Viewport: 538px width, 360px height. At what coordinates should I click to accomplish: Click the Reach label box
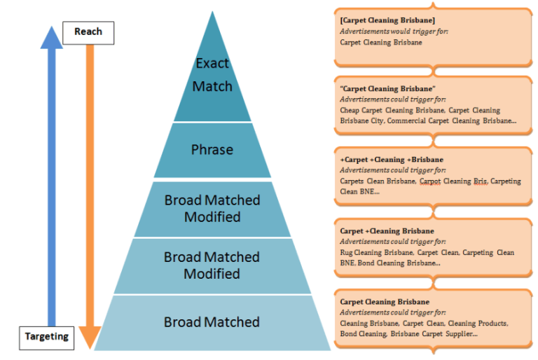click(x=88, y=32)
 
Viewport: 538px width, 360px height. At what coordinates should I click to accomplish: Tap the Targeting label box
click(x=48, y=336)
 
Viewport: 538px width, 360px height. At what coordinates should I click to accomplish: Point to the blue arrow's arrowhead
click(x=51, y=36)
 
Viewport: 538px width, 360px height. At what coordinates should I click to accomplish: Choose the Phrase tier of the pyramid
click(x=212, y=150)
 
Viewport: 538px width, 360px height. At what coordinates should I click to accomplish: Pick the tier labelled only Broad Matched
click(x=212, y=322)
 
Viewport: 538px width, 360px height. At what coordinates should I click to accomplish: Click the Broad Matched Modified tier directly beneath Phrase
click(x=212, y=209)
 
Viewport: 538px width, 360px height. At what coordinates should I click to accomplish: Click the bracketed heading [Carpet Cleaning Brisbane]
click(x=387, y=20)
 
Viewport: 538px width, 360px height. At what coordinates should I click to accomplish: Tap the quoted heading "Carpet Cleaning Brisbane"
click(x=387, y=89)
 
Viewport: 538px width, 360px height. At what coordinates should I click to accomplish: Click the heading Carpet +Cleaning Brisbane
click(x=387, y=230)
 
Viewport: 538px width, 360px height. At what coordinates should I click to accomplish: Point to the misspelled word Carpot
click(x=431, y=181)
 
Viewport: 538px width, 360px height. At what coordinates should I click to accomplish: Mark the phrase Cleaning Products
click(x=483, y=324)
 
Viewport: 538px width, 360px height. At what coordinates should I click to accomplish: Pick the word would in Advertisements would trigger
click(x=397, y=32)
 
